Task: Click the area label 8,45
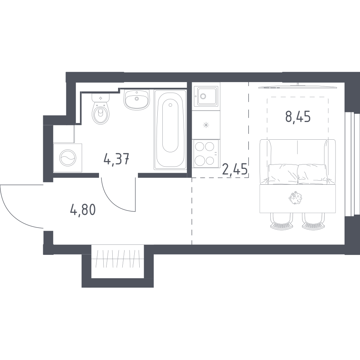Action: [298, 117]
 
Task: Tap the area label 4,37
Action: [117, 159]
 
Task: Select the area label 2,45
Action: [235, 170]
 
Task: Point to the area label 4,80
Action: [83, 210]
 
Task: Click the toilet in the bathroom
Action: [100, 109]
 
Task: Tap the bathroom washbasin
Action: [136, 99]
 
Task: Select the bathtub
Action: [170, 129]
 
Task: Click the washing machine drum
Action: [67, 158]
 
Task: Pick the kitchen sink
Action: [206, 96]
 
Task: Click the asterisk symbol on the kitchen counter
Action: [206, 125]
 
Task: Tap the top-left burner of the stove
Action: [199, 146]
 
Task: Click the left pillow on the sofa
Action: [283, 174]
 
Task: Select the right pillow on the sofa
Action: [312, 174]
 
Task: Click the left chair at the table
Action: [282, 221]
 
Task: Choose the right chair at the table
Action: [314, 221]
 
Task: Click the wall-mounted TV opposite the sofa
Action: [298, 86]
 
